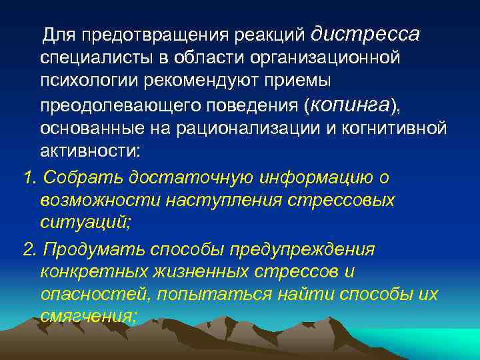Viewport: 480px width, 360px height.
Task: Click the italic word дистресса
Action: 365,33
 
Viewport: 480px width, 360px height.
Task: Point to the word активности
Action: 89,151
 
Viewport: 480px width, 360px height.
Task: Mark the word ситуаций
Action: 85,223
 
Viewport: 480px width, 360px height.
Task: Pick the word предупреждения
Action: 301,249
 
